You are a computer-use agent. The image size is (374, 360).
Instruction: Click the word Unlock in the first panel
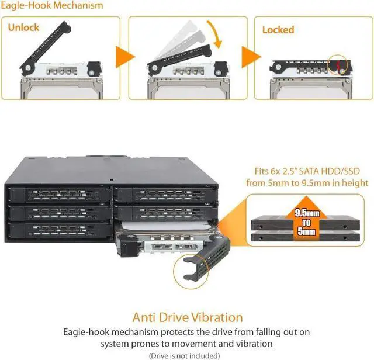23,28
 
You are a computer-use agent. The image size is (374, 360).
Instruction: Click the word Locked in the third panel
278,30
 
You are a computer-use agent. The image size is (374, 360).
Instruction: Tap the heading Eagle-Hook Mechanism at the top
53,6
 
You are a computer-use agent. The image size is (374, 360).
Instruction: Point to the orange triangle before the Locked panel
247,58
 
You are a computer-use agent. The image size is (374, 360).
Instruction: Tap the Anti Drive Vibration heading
187,317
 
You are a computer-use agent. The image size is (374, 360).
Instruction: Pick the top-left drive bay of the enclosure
59,193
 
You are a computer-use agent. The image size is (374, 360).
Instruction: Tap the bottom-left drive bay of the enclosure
59,230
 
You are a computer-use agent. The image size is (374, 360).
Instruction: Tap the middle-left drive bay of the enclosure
59,212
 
